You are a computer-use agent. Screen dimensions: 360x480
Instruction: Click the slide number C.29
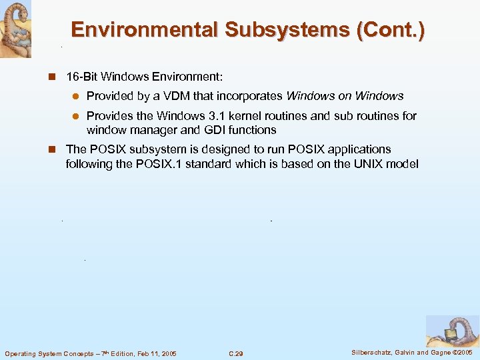tap(235, 353)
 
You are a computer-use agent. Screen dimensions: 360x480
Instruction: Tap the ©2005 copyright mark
tap(462, 352)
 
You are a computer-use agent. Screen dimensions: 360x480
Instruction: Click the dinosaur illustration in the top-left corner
tap(15, 29)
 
